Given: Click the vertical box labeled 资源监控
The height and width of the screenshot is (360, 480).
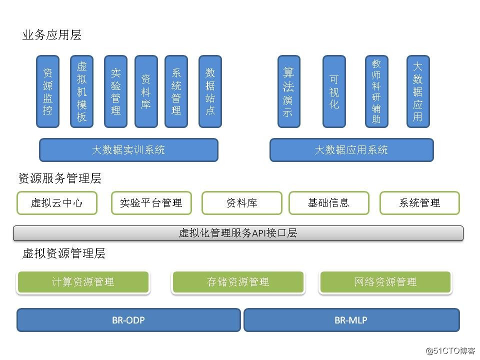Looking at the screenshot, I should click(47, 91).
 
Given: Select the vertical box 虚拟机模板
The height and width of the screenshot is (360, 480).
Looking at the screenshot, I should click(81, 91).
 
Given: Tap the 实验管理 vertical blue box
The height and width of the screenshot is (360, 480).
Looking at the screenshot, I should click(115, 91).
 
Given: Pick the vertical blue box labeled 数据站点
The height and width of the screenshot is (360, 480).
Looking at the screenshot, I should click(210, 91).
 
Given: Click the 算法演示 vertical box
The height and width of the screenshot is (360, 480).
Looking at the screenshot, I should click(288, 91).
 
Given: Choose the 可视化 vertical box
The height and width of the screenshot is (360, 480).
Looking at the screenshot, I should click(334, 91).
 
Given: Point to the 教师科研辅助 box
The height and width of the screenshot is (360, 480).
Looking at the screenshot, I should click(376, 91).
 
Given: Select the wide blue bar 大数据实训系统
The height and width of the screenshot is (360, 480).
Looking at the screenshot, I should click(128, 150).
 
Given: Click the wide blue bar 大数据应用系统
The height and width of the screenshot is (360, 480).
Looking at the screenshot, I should click(351, 150).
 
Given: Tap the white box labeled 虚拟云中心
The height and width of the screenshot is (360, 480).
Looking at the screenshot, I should click(57, 203).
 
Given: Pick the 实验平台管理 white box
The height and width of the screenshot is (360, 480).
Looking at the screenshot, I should click(151, 203).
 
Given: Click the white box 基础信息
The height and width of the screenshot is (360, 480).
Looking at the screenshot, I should click(328, 203).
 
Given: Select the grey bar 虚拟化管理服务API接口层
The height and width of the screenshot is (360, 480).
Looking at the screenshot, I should click(238, 233).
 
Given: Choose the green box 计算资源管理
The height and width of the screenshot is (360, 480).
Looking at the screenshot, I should click(83, 282).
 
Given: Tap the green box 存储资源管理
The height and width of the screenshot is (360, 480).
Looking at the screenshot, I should click(238, 282).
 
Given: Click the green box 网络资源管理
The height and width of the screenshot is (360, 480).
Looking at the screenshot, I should click(385, 282).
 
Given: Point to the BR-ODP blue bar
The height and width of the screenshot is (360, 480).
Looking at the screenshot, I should click(128, 320).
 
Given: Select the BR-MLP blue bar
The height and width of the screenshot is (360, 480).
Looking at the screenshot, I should click(351, 320).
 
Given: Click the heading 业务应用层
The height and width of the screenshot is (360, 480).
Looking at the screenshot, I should click(51, 35).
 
